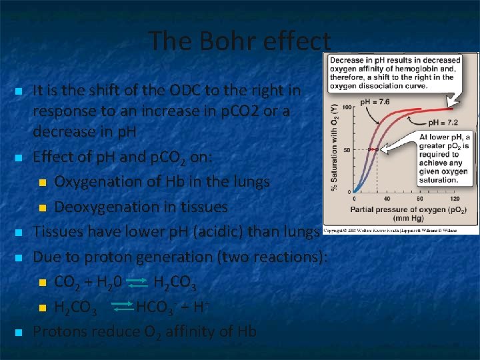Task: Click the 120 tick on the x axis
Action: coord(454,199)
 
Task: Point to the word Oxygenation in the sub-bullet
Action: coord(91,181)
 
